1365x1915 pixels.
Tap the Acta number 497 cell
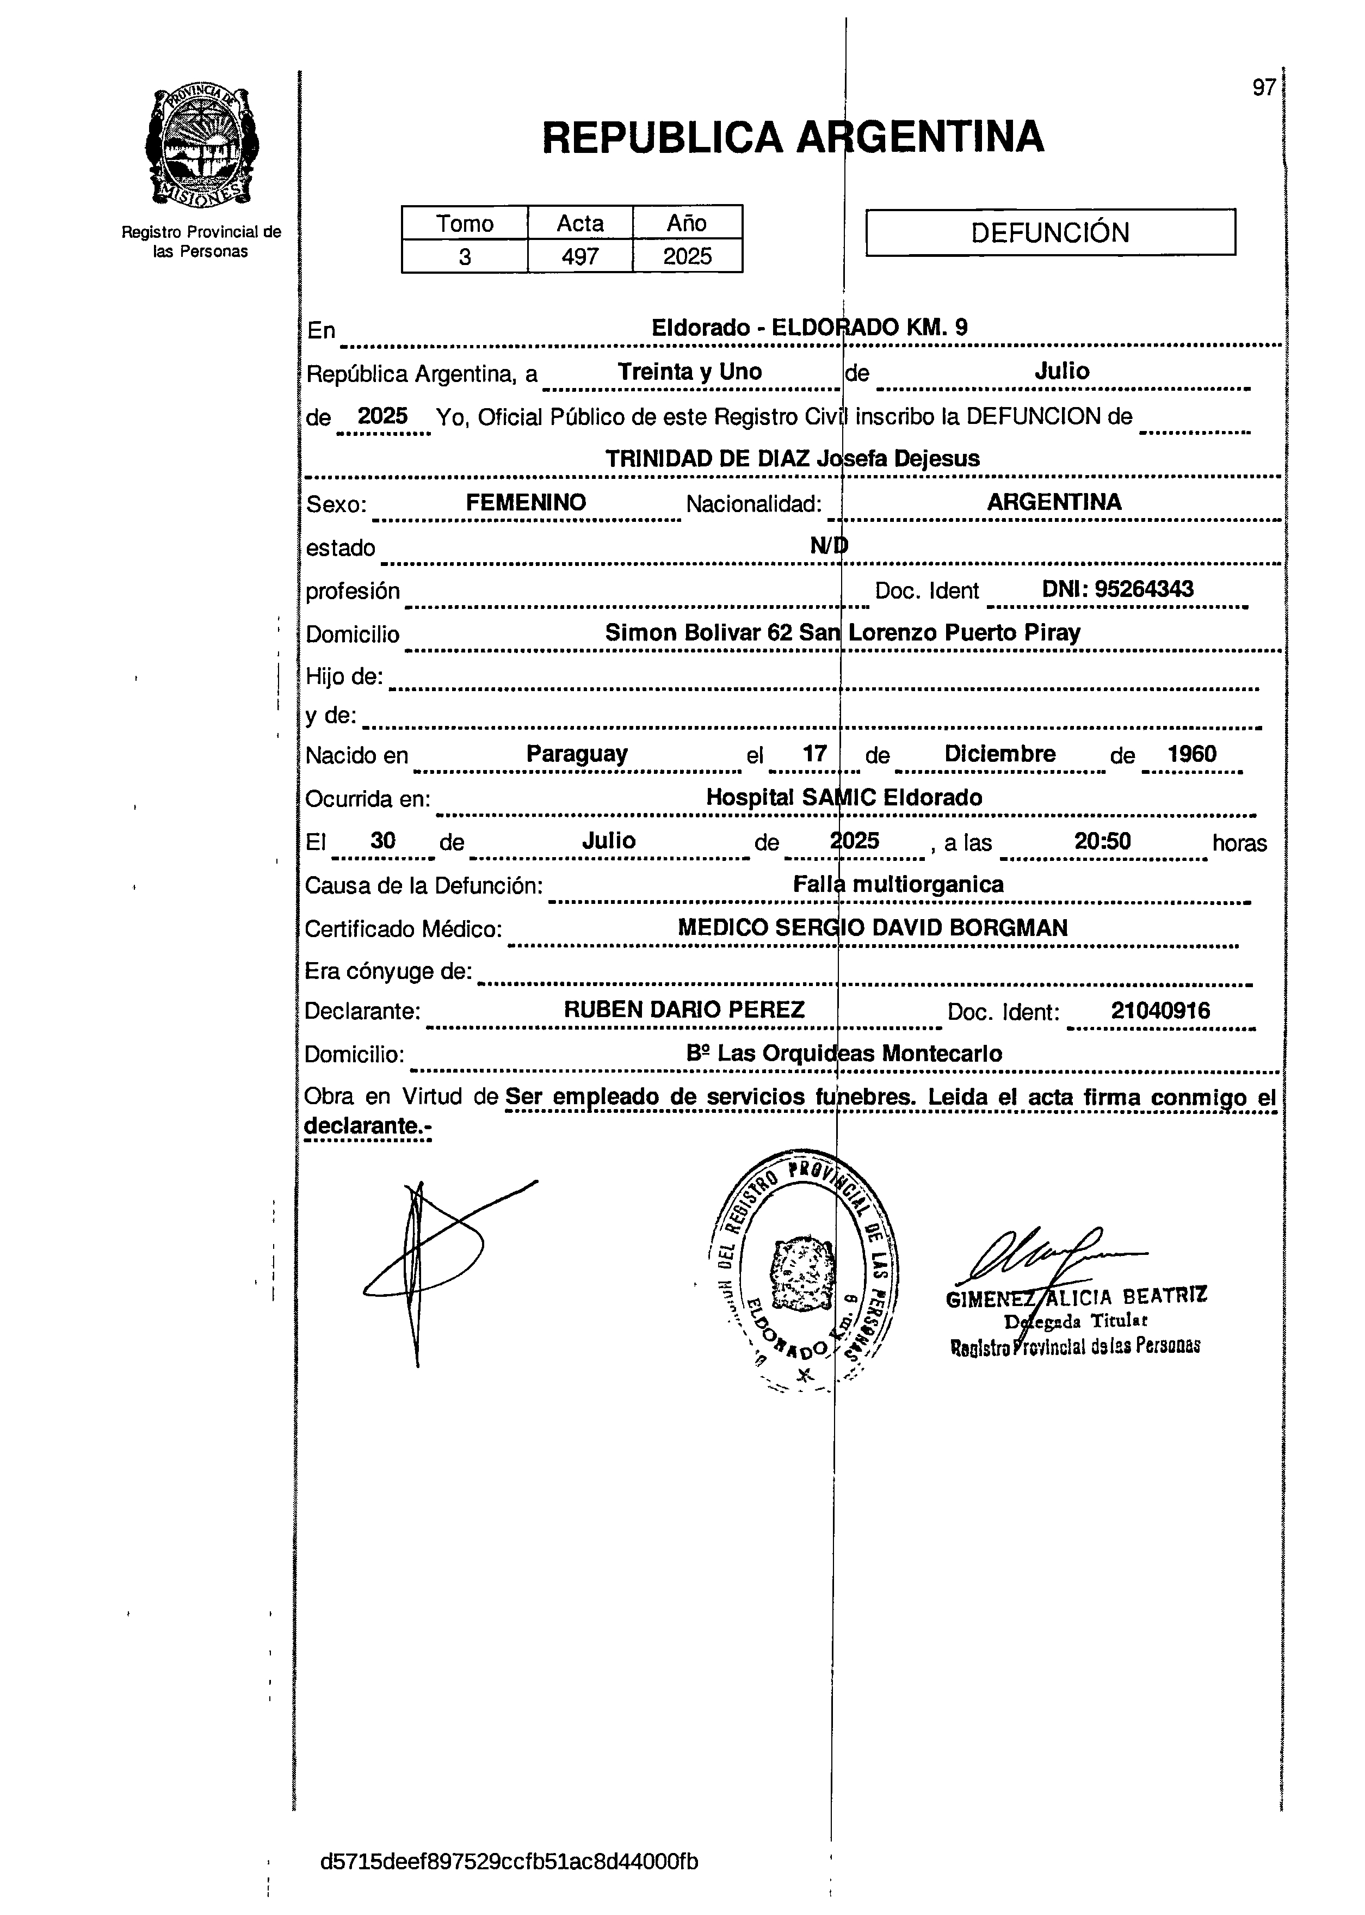(x=580, y=256)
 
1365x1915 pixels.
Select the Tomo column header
(x=465, y=224)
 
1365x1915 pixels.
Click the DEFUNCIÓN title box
(x=1050, y=232)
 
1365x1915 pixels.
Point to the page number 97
(x=1263, y=88)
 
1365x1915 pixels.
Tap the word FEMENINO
(x=526, y=503)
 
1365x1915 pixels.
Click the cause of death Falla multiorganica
(x=898, y=884)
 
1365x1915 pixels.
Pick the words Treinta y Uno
(x=689, y=372)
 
